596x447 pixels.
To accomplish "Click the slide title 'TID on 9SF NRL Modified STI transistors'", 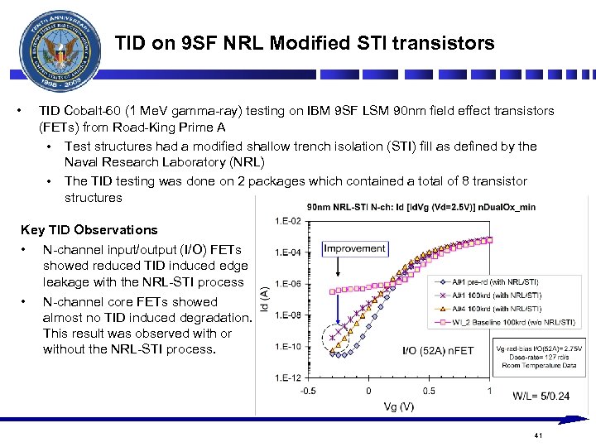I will (304, 43).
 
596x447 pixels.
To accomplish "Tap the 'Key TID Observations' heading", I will (89, 230).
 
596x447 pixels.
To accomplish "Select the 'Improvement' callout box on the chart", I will (354, 248).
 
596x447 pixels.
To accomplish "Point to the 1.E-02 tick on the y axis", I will (282, 220).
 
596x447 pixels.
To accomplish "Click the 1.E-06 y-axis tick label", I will (282, 284).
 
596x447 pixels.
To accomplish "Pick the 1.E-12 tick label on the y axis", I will (282, 378).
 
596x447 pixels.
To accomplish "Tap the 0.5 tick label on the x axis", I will (429, 391).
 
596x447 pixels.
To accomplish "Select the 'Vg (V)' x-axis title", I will (398, 406).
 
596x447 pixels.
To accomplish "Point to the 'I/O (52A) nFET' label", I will (438, 351).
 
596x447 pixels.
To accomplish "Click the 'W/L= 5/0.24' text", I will (541, 397).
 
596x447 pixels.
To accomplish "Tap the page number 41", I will (538, 435).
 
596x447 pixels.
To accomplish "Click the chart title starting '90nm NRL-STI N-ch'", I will (421, 206).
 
